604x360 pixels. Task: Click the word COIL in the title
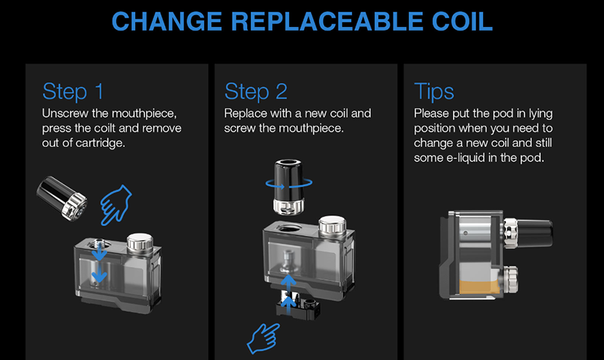tap(462, 22)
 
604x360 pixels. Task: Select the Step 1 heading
tap(73, 92)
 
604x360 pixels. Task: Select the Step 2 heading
tap(256, 92)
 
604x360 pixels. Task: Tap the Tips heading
tap(434, 92)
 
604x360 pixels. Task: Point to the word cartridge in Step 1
tap(100, 143)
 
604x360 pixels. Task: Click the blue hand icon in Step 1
tap(116, 205)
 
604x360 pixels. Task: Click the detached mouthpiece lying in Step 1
tap(62, 198)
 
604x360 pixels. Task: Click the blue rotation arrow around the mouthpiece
tap(289, 183)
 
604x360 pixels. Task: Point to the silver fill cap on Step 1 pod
tap(140, 242)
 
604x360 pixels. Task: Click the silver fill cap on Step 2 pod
tap(332, 226)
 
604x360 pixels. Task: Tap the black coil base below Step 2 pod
tap(298, 305)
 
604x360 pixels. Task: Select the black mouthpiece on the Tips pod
tap(534, 233)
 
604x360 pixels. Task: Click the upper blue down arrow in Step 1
tap(100, 252)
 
